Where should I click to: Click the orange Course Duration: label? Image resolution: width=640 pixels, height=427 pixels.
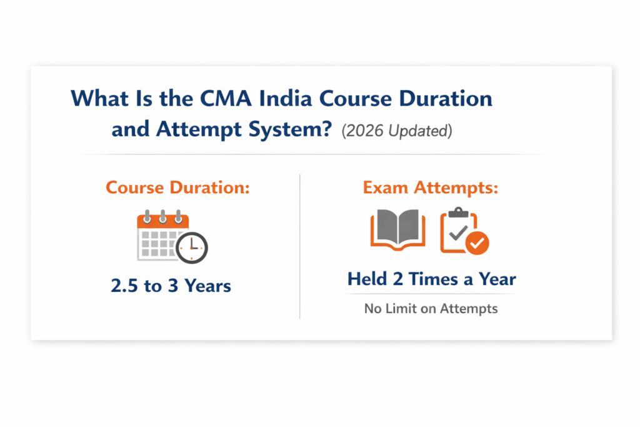[177, 188]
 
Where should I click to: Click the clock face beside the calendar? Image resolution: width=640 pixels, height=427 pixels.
[191, 248]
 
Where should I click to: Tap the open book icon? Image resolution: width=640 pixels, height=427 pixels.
[397, 231]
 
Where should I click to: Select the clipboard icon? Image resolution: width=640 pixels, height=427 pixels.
[459, 230]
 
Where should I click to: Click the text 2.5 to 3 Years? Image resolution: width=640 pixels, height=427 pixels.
[171, 286]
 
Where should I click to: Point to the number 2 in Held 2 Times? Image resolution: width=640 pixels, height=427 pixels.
[397, 279]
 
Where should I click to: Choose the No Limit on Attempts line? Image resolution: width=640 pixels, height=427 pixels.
[431, 308]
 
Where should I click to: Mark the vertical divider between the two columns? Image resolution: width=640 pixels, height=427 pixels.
[300, 246]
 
